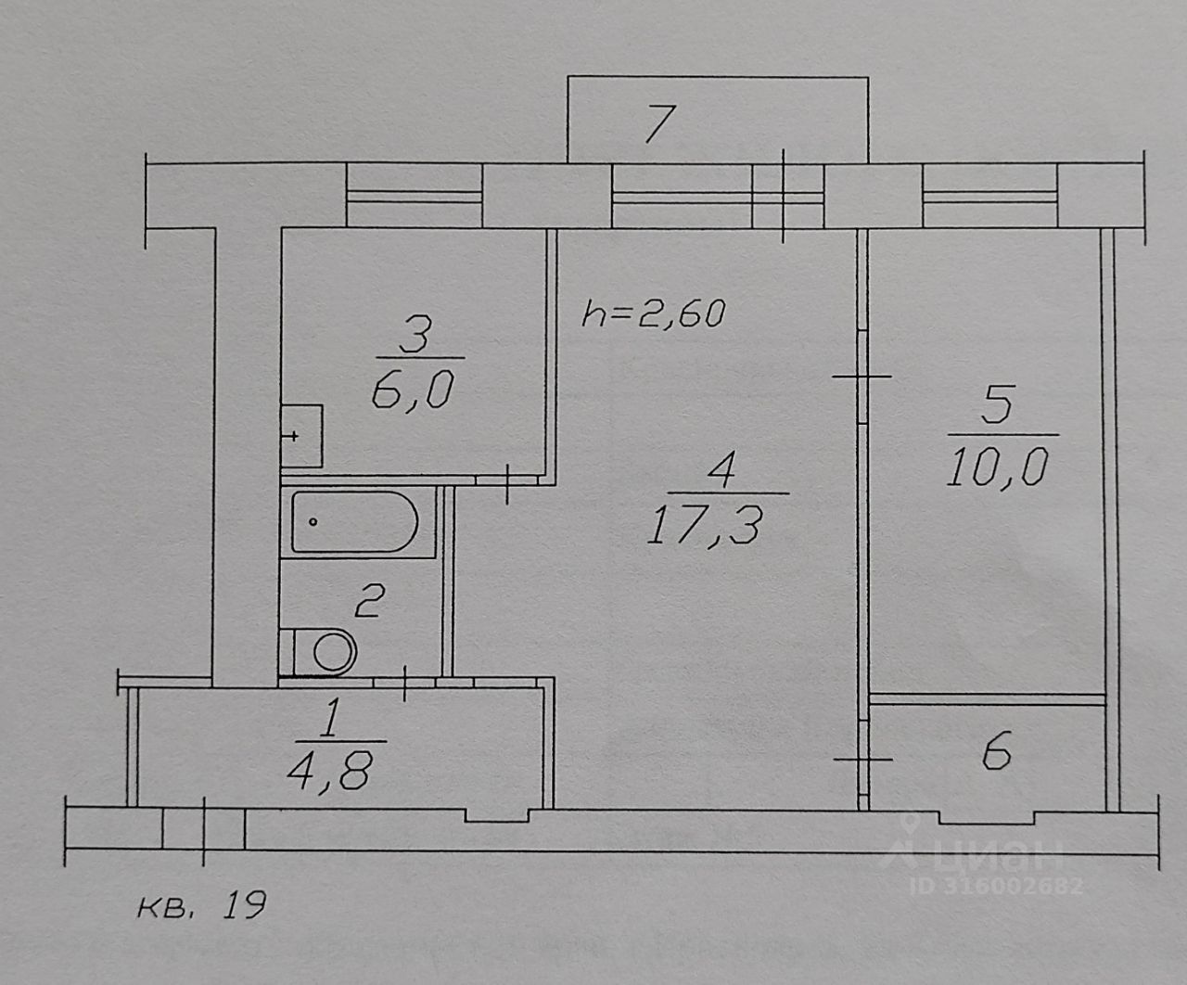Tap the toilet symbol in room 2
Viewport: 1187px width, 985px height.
(x=320, y=651)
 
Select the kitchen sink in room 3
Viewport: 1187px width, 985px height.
(x=301, y=436)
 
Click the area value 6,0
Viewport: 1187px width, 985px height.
(x=411, y=393)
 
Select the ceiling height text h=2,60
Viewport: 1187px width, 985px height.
(x=652, y=313)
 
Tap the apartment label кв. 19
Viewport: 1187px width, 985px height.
(x=201, y=904)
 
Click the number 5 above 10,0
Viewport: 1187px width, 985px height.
(x=996, y=407)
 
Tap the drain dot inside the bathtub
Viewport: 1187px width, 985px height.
(x=313, y=522)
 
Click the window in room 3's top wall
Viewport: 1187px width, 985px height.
(x=414, y=196)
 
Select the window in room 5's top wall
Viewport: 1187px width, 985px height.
(x=989, y=196)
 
